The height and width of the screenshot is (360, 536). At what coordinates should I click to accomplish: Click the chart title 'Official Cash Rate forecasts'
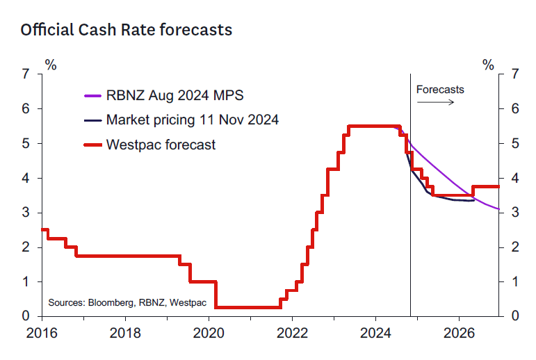pyautogui.click(x=126, y=31)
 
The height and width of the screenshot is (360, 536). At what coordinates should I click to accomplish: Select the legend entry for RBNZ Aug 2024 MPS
pyautogui.click(x=174, y=95)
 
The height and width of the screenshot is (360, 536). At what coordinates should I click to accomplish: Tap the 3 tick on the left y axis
pyautogui.click(x=26, y=213)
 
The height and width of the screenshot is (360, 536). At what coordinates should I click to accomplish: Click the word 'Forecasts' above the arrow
pyautogui.click(x=440, y=90)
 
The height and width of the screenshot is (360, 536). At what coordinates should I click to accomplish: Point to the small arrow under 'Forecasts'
pyautogui.click(x=437, y=102)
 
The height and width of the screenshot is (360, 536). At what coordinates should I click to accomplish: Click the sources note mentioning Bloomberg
pyautogui.click(x=117, y=302)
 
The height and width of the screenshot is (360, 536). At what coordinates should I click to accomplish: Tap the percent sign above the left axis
pyautogui.click(x=51, y=65)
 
